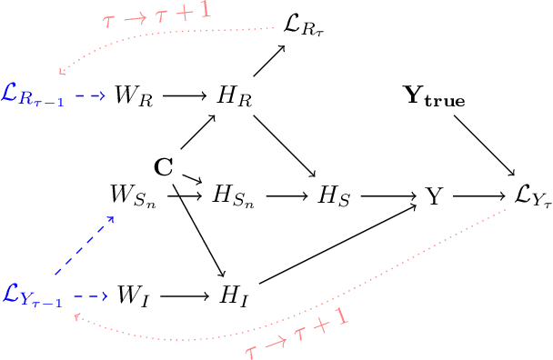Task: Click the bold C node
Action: click(164, 166)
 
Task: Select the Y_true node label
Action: click(435, 96)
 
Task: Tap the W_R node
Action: click(132, 95)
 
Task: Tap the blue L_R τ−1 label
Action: click(32, 95)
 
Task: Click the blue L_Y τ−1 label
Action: click(32, 296)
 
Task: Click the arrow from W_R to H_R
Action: click(185, 95)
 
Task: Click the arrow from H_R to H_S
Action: click(286, 145)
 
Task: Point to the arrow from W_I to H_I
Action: click(185, 295)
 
